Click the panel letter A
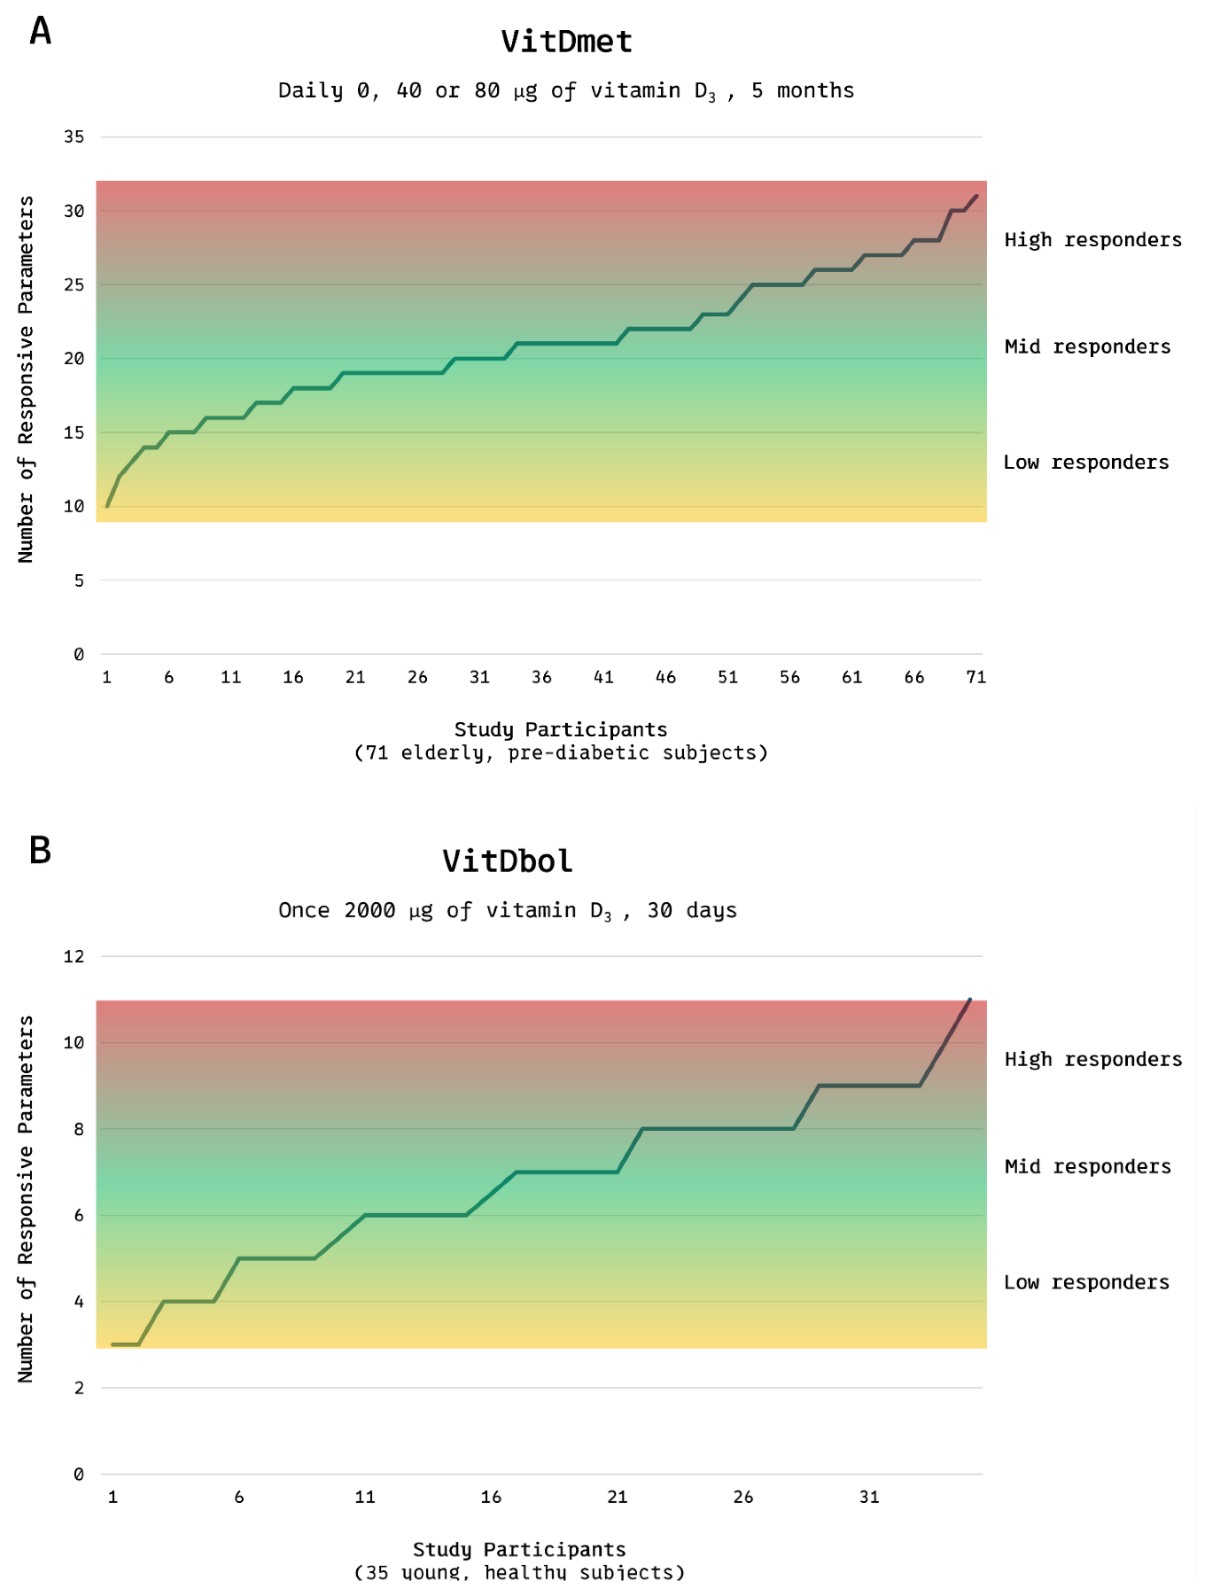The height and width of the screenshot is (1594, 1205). tap(41, 31)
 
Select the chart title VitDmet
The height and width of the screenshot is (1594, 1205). tap(566, 42)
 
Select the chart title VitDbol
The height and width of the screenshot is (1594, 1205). tap(507, 861)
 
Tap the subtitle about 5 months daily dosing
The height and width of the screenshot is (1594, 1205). tap(566, 91)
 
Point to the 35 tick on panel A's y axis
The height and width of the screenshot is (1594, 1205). tap(74, 137)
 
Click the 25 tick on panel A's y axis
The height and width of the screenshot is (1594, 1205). tap(74, 285)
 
